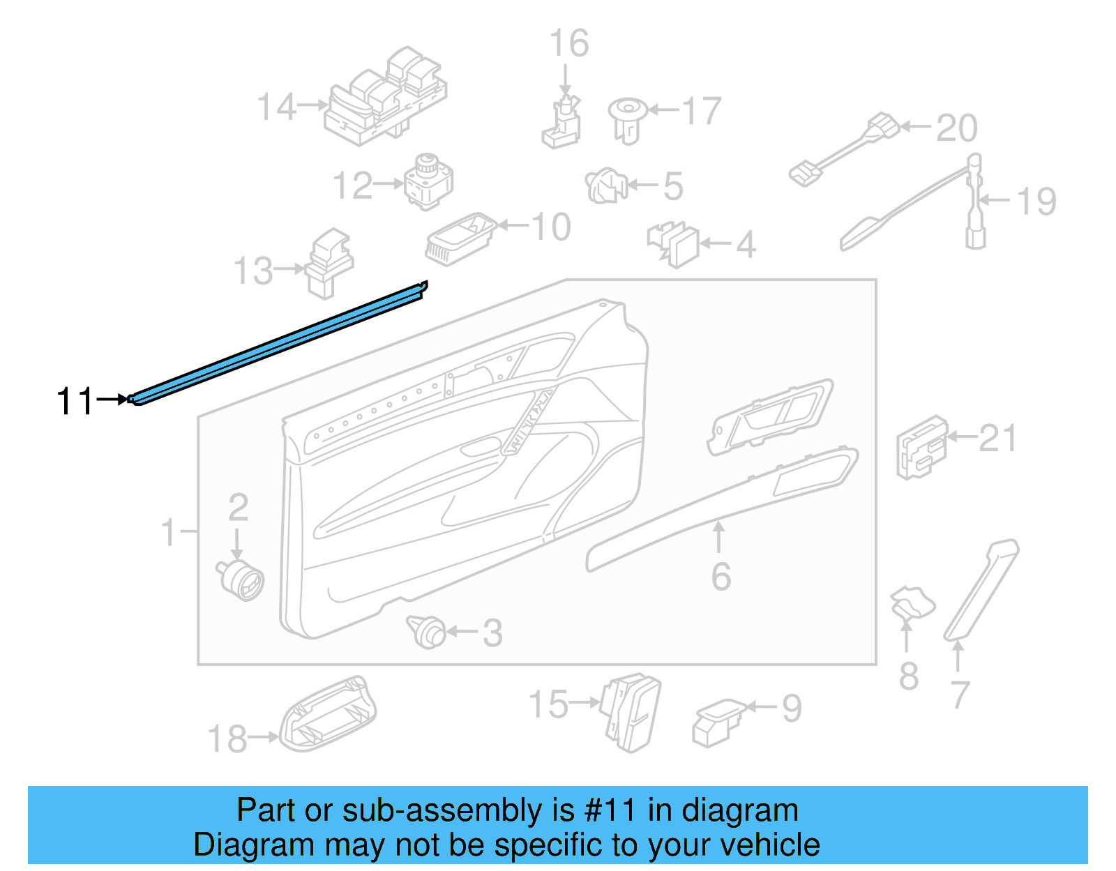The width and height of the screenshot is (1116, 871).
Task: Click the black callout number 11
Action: pyautogui.click(x=74, y=402)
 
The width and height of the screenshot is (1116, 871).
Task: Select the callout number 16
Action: pyautogui.click(x=568, y=43)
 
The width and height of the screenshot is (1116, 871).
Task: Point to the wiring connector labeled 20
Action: pyautogui.click(x=844, y=149)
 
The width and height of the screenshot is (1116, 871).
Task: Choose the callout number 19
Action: pyautogui.click(x=1036, y=202)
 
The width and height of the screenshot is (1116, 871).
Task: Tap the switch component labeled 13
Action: pyautogui.click(x=328, y=263)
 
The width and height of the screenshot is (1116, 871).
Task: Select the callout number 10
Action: pyautogui.click(x=551, y=227)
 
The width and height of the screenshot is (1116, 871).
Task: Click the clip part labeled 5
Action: pyautogui.click(x=605, y=186)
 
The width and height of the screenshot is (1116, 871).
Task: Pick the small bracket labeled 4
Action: pyautogui.click(x=674, y=245)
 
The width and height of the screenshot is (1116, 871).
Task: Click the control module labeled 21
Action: pyautogui.click(x=921, y=448)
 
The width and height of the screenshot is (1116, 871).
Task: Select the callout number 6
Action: pyautogui.click(x=721, y=577)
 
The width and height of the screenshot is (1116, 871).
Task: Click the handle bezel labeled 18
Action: pyautogui.click(x=328, y=715)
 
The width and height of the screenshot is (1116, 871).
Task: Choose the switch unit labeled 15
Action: pyautogui.click(x=631, y=711)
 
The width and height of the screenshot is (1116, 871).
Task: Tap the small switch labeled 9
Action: pyautogui.click(x=717, y=722)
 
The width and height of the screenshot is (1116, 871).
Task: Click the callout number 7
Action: pyautogui.click(x=960, y=695)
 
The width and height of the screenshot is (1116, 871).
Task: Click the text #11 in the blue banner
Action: pyautogui.click(x=610, y=810)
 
